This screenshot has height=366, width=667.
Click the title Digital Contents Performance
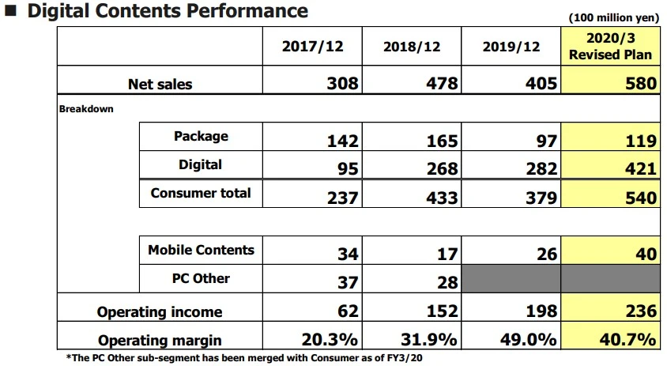coord(166,11)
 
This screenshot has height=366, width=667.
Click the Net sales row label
coord(160,84)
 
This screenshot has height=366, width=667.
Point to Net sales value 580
coord(639,84)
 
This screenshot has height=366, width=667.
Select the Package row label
coord(201,136)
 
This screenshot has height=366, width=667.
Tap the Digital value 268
coord(441,169)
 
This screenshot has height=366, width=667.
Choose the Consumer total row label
coord(201,193)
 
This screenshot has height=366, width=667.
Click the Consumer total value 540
coord(639,198)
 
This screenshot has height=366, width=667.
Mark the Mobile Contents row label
coord(201,250)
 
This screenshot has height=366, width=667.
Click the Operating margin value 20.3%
coord(331,340)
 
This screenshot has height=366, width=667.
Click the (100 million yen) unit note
coord(612,17)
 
